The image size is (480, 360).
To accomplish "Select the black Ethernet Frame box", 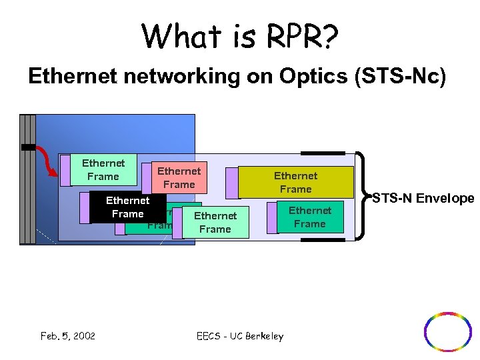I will [127, 207].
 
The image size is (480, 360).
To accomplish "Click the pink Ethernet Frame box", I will [179, 178].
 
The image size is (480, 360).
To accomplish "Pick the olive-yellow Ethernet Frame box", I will [295, 182].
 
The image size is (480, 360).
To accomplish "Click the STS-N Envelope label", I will [423, 198].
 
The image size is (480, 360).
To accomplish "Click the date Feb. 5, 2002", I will [68, 335].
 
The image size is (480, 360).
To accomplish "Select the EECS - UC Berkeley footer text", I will [240, 336].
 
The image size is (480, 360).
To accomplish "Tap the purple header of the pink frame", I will [147, 175].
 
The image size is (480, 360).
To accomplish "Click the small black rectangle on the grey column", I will [27, 146].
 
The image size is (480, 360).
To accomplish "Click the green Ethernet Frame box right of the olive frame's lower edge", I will [310, 217].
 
